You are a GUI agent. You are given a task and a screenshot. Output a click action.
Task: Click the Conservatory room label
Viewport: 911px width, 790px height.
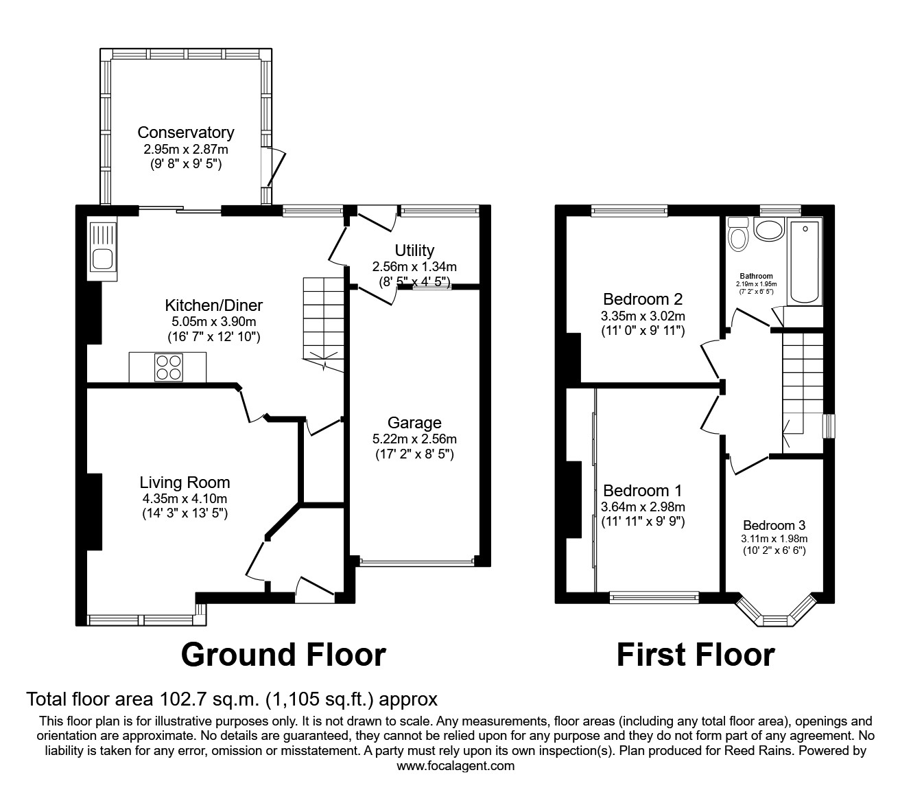pos(185,132)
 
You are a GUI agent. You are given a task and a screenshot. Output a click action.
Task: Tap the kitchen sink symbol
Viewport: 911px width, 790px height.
pos(102,250)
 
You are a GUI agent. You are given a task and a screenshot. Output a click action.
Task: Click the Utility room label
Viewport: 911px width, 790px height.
pos(414,251)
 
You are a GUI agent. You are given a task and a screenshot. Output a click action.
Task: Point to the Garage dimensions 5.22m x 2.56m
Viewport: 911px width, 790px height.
pos(414,439)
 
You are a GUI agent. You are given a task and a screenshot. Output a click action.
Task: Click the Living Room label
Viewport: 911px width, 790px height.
pos(185,483)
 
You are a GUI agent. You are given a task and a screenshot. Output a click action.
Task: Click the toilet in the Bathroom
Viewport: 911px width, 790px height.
pos(738,235)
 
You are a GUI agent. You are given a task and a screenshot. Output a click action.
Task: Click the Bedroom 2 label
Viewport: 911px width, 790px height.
pos(643,299)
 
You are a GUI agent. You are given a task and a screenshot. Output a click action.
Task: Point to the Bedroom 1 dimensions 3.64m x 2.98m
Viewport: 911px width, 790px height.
pos(643,507)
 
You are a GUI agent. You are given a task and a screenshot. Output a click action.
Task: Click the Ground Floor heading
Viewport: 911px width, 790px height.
pos(283,655)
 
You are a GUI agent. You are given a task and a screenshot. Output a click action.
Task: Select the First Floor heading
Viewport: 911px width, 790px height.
pos(695,655)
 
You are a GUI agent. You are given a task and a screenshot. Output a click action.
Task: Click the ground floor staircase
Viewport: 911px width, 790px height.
pos(323,323)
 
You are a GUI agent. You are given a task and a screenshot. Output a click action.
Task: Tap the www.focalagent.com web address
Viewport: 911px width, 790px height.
pos(455,766)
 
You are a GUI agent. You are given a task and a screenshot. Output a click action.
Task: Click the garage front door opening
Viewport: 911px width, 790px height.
pos(416,562)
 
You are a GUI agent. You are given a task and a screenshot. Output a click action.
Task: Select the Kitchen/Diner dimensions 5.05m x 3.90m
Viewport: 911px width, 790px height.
pos(213,321)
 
